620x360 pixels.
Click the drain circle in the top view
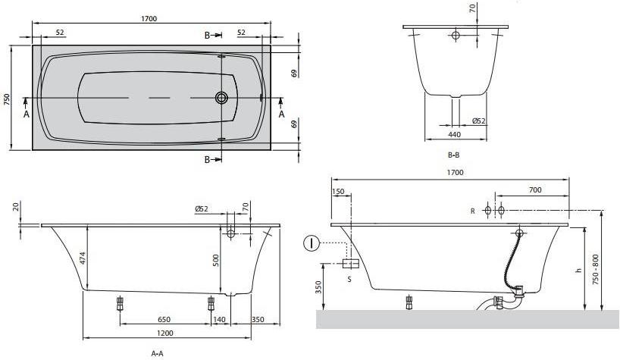click(222, 97)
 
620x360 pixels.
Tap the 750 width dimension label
click(7, 99)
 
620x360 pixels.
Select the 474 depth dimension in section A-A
click(83, 258)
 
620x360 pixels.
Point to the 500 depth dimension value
click(216, 260)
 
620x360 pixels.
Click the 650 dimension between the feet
click(164, 319)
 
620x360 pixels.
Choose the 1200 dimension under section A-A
click(165, 333)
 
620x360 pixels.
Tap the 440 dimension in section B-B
click(455, 134)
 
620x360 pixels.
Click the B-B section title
click(453, 155)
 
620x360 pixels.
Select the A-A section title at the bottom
click(157, 353)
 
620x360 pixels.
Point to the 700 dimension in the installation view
click(535, 189)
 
